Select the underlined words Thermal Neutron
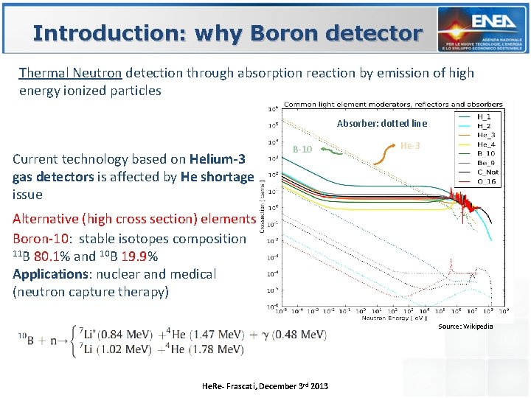click(x=72, y=73)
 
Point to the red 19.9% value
click(x=139, y=256)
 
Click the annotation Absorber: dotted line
click(x=381, y=123)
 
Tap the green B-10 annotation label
click(x=302, y=150)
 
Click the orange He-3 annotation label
click(x=410, y=146)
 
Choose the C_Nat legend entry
click(x=486, y=172)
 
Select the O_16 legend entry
click(x=486, y=181)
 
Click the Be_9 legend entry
click(x=486, y=162)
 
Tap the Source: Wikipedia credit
click(x=465, y=326)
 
